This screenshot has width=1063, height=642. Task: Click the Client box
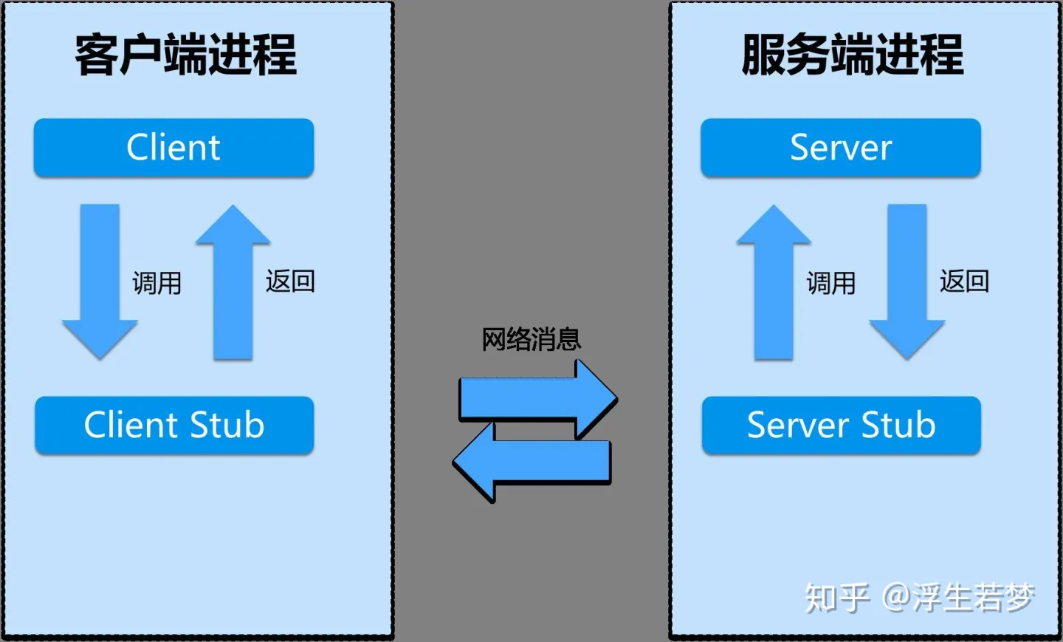click(173, 147)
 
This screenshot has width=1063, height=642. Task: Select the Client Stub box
click(174, 425)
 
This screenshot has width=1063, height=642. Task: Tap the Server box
click(841, 147)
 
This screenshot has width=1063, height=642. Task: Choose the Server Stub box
click(841, 425)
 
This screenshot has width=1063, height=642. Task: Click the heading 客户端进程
click(185, 55)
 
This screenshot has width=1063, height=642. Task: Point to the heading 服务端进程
click(853, 55)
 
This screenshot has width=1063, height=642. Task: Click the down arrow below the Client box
click(100, 281)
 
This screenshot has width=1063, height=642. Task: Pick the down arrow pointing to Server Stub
click(907, 281)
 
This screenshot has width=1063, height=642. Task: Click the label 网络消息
click(531, 340)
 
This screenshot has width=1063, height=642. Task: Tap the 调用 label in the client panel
click(157, 283)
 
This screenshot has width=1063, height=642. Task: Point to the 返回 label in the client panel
click(290, 281)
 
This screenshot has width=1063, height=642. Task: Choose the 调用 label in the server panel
click(831, 283)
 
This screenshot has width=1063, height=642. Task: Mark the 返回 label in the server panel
click(964, 281)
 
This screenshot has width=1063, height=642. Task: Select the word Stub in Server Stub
click(898, 425)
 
